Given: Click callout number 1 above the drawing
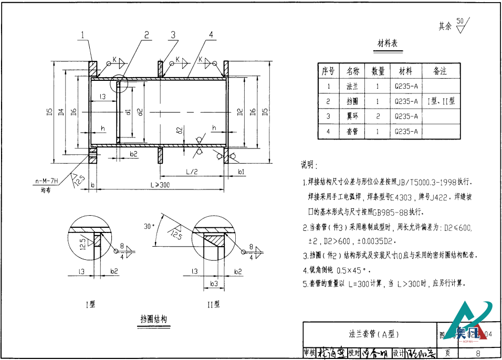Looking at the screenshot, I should click(x=83, y=35).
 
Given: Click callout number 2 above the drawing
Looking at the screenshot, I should click(x=147, y=35).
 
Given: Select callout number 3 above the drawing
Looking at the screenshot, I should click(x=172, y=35).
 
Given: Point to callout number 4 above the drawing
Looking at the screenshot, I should click(x=210, y=35).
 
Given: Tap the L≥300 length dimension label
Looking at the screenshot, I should click(x=160, y=185).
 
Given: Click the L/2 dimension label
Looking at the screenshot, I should click(x=192, y=172).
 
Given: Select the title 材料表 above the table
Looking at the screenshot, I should click(x=388, y=44).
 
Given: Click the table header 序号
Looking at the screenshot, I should click(x=328, y=71).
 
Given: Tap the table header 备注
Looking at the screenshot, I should click(x=440, y=71).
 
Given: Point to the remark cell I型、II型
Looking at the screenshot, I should click(x=441, y=101).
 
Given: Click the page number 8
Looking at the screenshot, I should click(x=478, y=354).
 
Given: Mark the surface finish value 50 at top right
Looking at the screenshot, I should click(x=460, y=22).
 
